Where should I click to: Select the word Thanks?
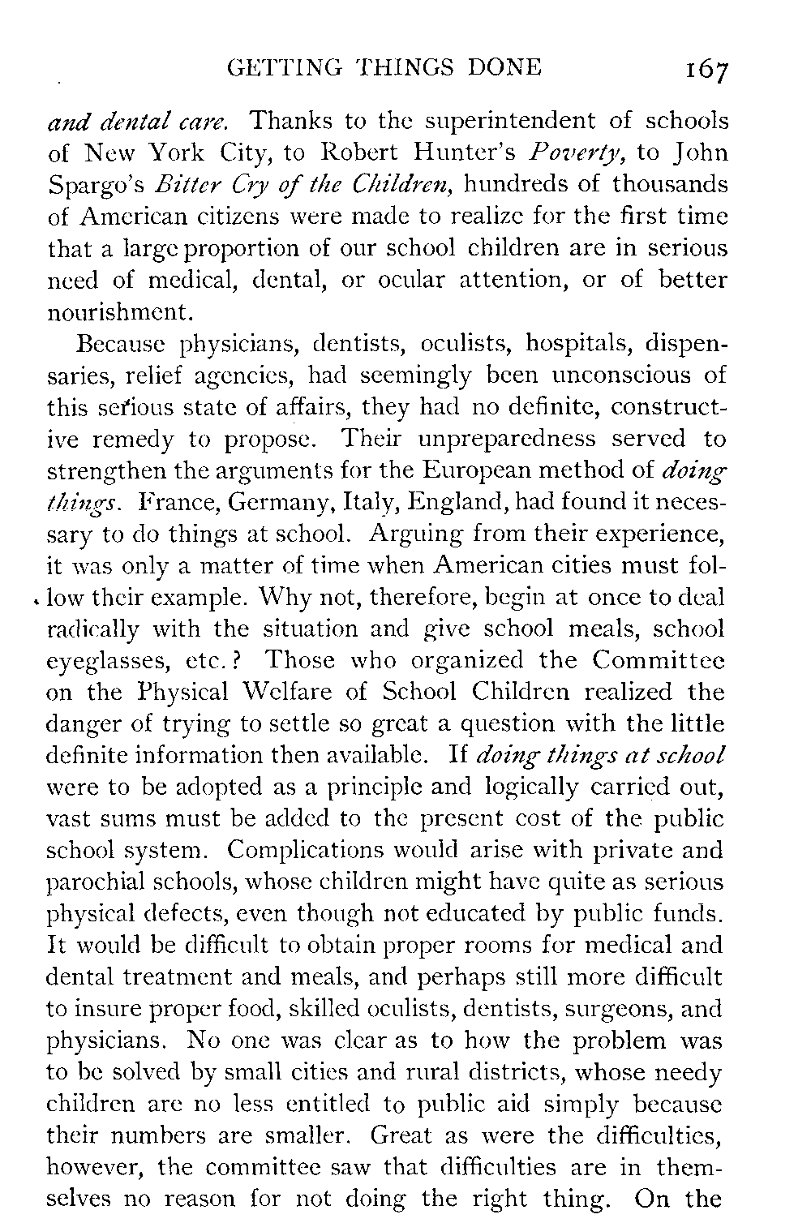[290, 122]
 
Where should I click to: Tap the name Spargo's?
[98, 185]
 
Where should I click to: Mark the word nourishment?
[122, 311]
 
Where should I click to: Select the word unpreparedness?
[498, 439]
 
